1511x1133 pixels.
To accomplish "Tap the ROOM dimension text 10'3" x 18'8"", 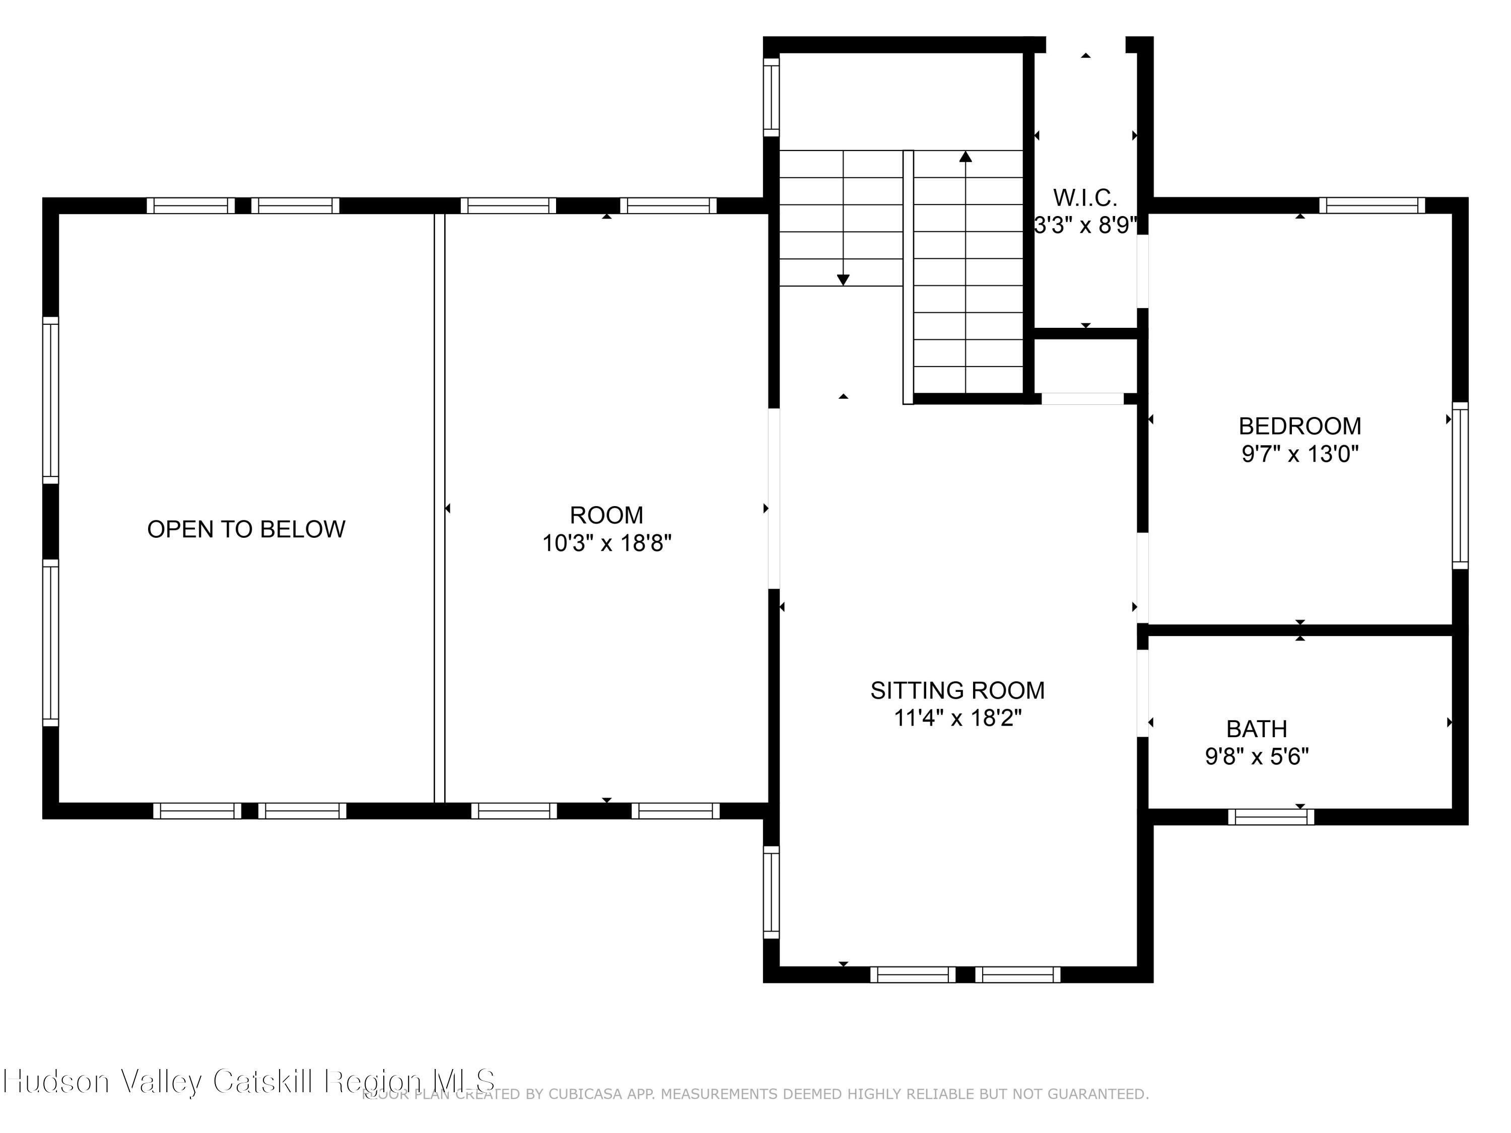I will pos(606,544).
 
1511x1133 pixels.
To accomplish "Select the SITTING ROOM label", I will pos(957,690).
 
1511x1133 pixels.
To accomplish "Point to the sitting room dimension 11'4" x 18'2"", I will pos(957,719).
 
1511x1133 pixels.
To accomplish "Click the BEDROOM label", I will pos(1299,426).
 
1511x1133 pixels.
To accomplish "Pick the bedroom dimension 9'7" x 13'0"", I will pos(1299,454).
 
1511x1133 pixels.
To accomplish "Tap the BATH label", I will pos(1256,729).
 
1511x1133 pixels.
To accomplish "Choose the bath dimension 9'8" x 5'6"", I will pos(1256,757).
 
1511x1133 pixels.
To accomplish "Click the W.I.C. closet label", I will pos(1085,198).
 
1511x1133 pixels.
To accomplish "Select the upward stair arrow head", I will pos(965,157).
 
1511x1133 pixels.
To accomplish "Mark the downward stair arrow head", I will pos(843,280).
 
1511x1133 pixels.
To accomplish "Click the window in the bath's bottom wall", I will pos(1271,817).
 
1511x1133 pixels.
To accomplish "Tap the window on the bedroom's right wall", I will pos(1460,485).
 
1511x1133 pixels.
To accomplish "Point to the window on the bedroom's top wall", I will pos(1371,205).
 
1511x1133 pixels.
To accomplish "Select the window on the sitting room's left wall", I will pos(771,893).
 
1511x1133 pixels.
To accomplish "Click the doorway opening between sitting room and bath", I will pos(1142,693).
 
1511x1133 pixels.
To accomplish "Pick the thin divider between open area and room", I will pos(439,508).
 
